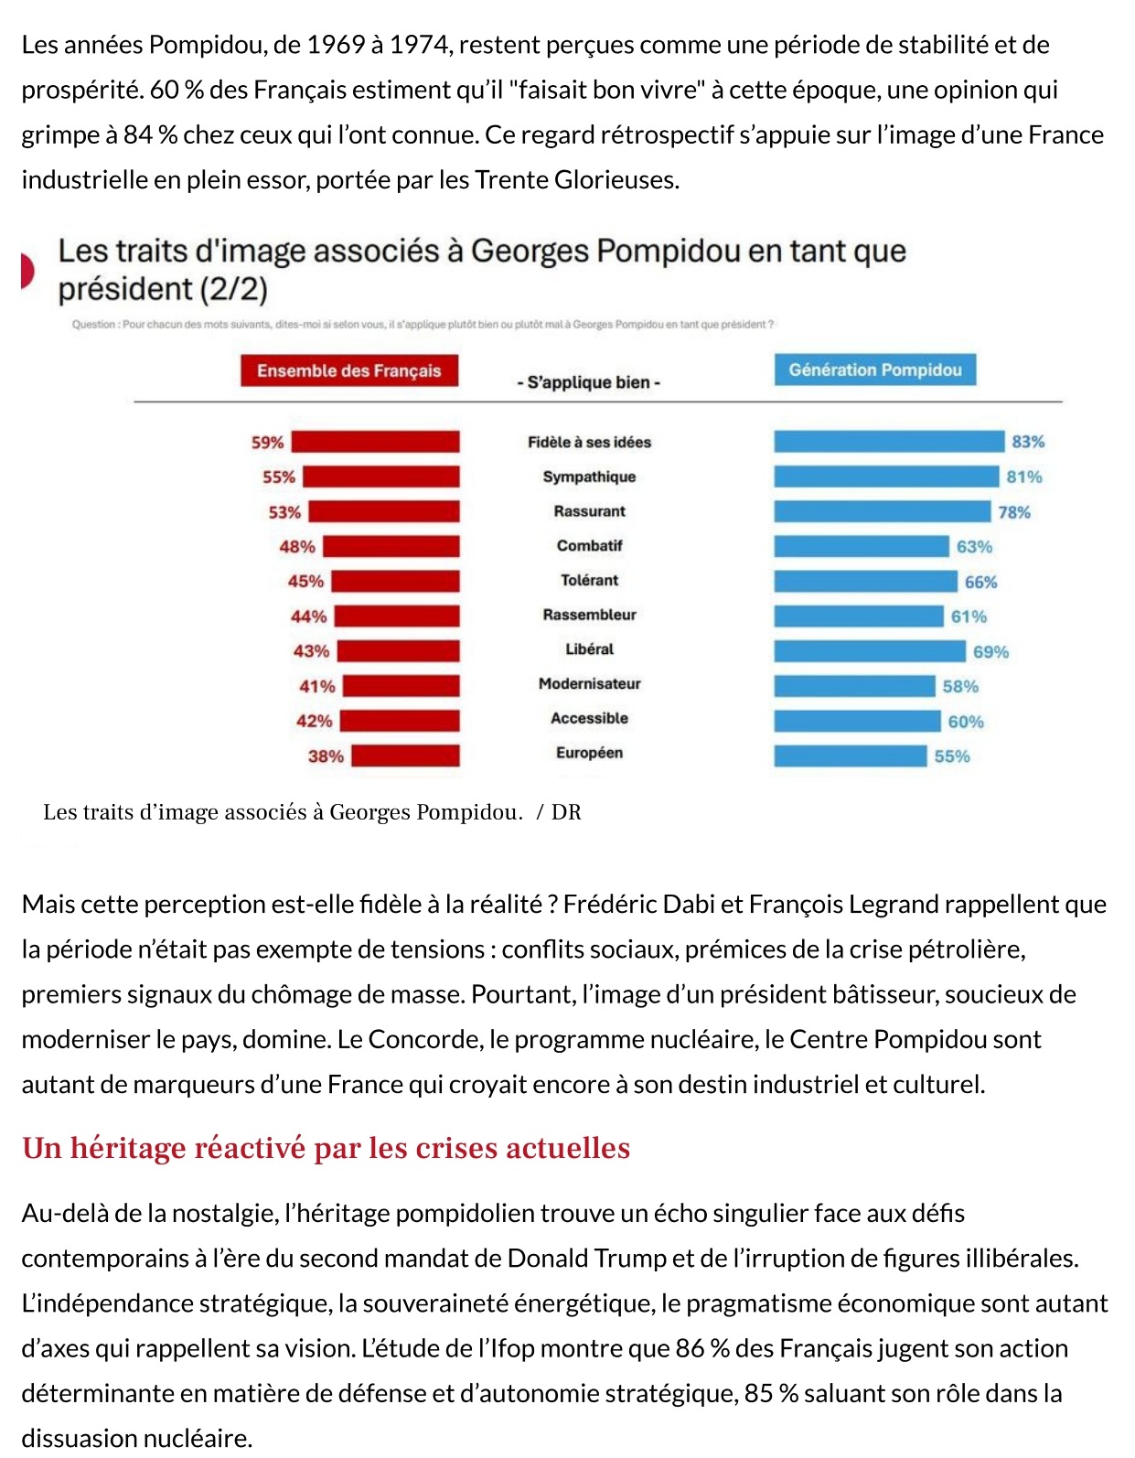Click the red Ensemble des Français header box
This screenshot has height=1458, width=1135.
pos(348,370)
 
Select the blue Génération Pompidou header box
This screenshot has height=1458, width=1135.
pos(874,370)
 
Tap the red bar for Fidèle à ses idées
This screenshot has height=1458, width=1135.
pos(375,442)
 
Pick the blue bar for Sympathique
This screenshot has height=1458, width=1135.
pos(885,477)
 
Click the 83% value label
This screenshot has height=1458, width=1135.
pos(1027,442)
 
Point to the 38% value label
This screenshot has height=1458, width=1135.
pos(326,756)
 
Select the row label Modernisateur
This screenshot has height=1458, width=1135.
pos(589,683)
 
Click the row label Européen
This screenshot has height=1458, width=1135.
pos(589,753)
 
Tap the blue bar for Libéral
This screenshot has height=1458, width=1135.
pos(869,651)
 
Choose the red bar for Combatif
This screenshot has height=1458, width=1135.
pos(391,546)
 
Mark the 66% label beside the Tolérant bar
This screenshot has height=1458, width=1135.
pos(980,582)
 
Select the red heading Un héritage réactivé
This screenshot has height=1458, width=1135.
pos(326,1148)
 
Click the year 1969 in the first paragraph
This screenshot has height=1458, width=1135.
pos(336,45)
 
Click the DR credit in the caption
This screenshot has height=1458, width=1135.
pos(566,812)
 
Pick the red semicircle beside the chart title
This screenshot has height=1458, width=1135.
pos(27,272)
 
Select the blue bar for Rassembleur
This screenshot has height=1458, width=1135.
pos(858,616)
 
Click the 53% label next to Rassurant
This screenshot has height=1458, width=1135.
pos(284,512)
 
